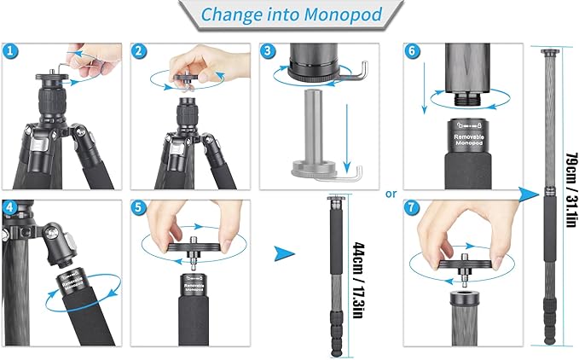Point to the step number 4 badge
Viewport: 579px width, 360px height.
pyautogui.click(x=10, y=207)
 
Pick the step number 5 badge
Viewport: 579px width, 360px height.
pyautogui.click(x=139, y=207)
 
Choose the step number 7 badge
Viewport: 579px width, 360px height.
pyautogui.click(x=412, y=207)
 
